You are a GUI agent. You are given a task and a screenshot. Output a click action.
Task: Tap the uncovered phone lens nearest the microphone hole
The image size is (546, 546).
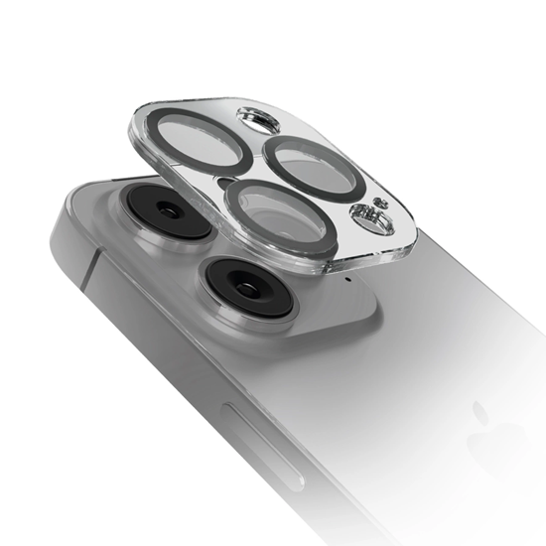[245, 286]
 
